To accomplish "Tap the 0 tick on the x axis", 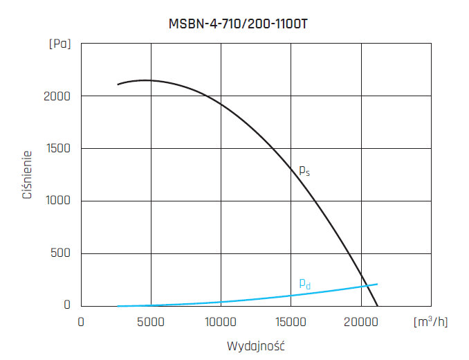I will coord(81,322).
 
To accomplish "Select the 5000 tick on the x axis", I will coord(151,322).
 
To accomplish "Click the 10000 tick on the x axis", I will coord(221,322).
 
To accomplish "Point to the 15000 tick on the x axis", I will coord(291,322).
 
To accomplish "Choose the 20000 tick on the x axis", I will coord(360,322).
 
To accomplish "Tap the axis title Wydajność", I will coord(256,345).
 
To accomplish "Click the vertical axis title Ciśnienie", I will coord(28,175).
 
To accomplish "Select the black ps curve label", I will coord(304,170).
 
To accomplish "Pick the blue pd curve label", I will coord(304,282).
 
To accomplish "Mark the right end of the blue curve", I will coord(377,284).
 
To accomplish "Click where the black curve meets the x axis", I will coord(377,305).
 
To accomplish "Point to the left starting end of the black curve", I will coord(118,84).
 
